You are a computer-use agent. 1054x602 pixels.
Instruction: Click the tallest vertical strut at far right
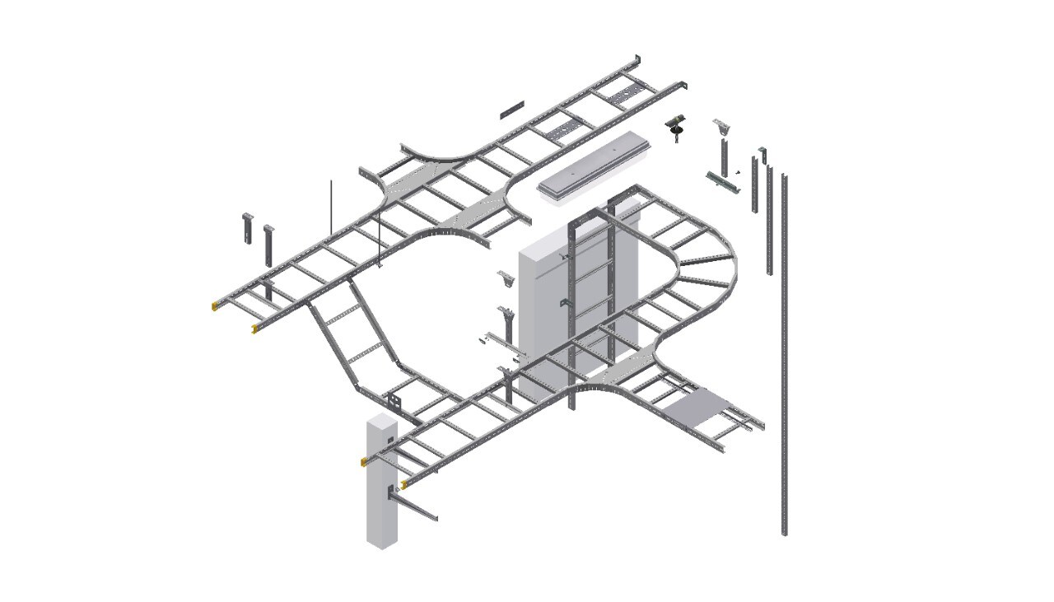(784, 354)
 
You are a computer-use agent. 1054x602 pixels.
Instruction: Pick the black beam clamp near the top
(677, 126)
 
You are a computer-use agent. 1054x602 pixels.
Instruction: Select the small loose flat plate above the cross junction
(511, 110)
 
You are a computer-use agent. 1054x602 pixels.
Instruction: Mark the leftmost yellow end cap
(216, 306)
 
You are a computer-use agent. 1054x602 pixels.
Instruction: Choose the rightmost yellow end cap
(403, 485)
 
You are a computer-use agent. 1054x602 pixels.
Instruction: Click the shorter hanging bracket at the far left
(247, 228)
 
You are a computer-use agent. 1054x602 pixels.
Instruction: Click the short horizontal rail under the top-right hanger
(724, 184)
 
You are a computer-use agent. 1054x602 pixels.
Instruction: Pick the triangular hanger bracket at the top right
(722, 127)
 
